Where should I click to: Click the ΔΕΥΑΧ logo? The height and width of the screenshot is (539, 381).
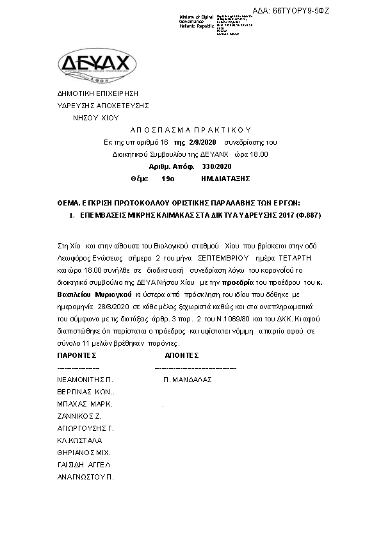click(97, 64)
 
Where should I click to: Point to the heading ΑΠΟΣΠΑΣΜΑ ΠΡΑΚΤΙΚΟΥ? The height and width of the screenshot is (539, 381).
click(186, 130)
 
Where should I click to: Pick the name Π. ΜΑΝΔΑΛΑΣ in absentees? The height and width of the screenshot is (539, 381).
click(188, 380)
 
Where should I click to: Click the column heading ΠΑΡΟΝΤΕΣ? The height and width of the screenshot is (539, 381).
click(77, 355)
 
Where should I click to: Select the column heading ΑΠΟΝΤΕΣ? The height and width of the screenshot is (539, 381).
click(182, 355)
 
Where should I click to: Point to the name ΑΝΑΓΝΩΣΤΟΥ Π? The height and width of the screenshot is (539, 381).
click(85, 477)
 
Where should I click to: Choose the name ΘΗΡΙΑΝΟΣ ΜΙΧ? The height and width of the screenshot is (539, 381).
click(84, 453)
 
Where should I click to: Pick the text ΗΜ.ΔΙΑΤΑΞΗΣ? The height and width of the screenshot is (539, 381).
click(224, 178)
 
